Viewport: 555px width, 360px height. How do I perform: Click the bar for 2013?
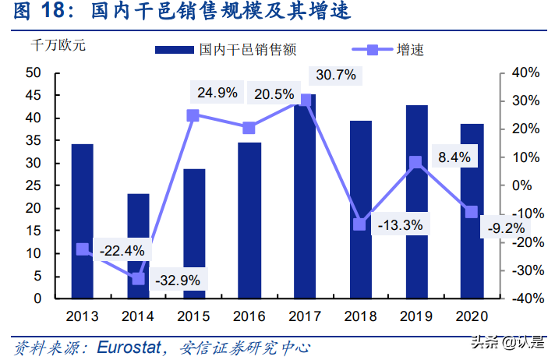[x=82, y=221]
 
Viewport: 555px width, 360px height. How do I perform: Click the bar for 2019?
[x=416, y=202]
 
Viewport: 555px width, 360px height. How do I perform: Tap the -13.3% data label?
[x=400, y=225]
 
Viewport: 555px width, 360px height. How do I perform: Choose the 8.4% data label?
[x=454, y=157]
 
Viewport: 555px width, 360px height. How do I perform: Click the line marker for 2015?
[x=193, y=115]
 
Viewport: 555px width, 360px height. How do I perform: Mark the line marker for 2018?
[x=360, y=224]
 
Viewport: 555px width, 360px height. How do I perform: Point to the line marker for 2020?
[x=472, y=212]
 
